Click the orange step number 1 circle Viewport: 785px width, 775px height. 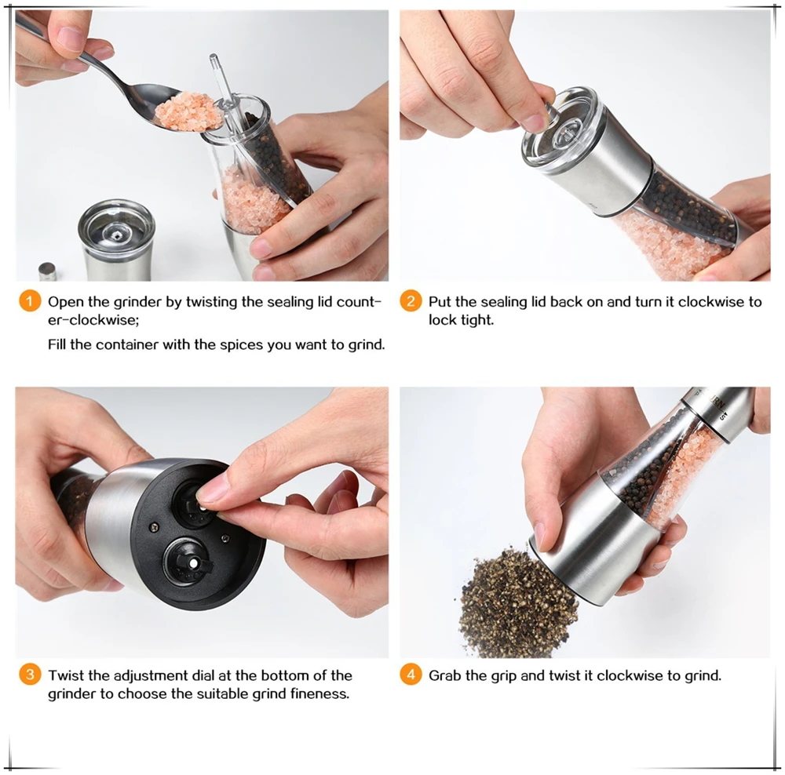(30, 301)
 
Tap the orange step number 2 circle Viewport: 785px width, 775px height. (411, 301)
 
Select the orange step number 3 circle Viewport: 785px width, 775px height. (30, 675)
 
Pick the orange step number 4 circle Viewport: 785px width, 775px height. (411, 675)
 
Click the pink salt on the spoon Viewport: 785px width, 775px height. (188, 112)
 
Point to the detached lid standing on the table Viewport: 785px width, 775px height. (117, 240)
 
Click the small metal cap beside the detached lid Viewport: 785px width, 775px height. (47, 271)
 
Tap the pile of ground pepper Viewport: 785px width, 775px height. (517, 604)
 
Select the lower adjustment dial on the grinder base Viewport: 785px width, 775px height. (188, 562)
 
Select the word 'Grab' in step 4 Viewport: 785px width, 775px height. (444, 675)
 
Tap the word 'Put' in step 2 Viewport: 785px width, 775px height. (440, 302)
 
